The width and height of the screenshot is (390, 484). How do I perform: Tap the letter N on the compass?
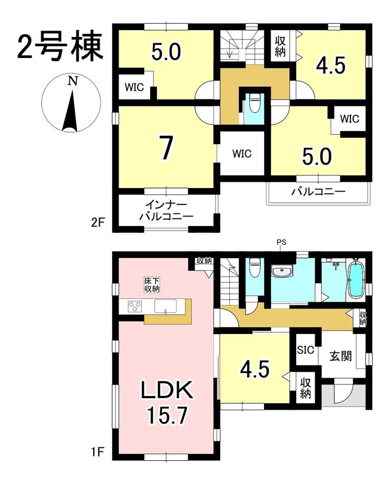[x=72, y=81]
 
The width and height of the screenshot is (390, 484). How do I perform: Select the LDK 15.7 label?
[x=167, y=403]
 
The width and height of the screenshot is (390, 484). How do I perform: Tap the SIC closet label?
[x=305, y=350]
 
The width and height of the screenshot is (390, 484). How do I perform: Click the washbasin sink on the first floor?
[x=281, y=272]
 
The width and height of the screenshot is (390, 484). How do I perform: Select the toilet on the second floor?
[x=255, y=104]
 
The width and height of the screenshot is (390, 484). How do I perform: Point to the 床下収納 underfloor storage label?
[x=152, y=285]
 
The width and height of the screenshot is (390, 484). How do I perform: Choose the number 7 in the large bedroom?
[x=167, y=147]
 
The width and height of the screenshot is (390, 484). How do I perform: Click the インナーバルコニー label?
[x=166, y=211]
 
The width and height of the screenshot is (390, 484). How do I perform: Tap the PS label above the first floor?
[x=281, y=242]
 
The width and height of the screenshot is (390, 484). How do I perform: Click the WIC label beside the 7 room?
[x=242, y=153]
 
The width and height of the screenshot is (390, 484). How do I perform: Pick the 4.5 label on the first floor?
[x=255, y=369]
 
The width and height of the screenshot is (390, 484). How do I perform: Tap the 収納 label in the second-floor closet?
[x=280, y=46]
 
